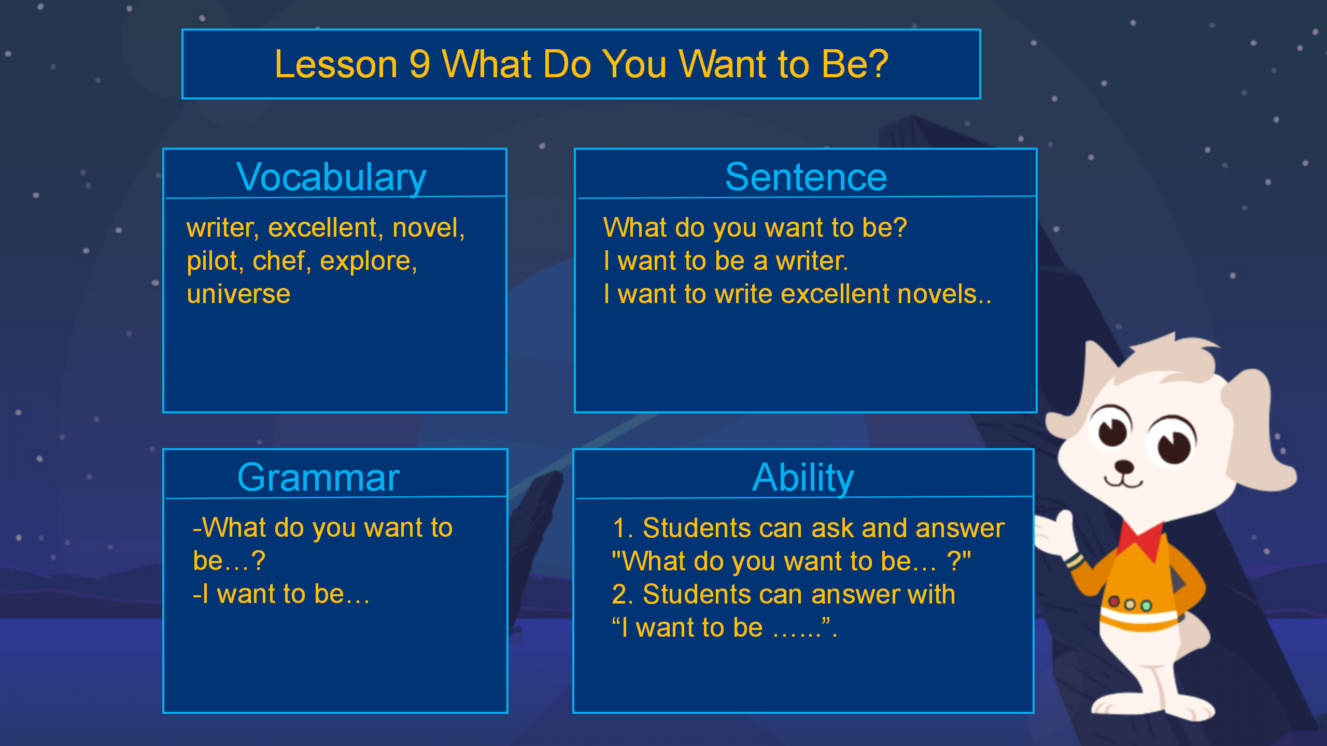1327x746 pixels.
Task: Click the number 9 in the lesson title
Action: [419, 64]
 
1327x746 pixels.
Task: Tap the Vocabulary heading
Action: [331, 178]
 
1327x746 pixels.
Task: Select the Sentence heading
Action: [806, 177]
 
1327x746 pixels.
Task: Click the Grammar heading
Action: [318, 478]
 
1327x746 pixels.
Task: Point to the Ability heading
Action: [803, 478]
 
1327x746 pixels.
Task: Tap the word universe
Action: [238, 294]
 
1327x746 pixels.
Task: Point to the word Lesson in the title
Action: [336, 64]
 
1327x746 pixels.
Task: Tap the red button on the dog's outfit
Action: [1113, 601]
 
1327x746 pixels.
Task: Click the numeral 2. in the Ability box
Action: [623, 595]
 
